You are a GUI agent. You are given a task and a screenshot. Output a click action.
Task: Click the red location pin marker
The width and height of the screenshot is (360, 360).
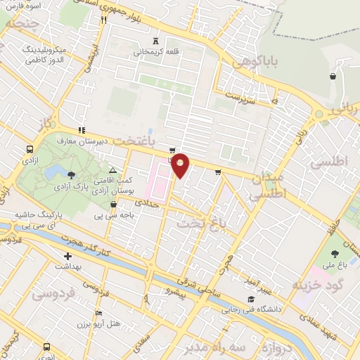tap(181, 166)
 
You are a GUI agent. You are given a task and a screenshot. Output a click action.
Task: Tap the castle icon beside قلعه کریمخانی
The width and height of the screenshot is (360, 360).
tap(155, 41)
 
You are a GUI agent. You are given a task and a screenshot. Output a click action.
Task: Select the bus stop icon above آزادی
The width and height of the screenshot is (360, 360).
tap(30, 150)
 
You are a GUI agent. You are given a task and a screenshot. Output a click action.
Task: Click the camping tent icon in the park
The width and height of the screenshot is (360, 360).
tap(112, 171)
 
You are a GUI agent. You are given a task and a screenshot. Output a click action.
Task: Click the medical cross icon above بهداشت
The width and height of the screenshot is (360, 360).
tap(67, 257)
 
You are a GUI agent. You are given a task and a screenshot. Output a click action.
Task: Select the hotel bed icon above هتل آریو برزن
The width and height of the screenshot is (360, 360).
tap(98, 312)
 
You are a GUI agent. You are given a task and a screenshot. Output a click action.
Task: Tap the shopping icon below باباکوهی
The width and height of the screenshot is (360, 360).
tap(332, 77)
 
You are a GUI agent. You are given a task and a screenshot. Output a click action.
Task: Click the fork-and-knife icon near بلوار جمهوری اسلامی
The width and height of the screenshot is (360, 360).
tap(103, 20)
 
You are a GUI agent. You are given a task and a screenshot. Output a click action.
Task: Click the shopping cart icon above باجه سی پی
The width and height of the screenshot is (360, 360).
tap(113, 205)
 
